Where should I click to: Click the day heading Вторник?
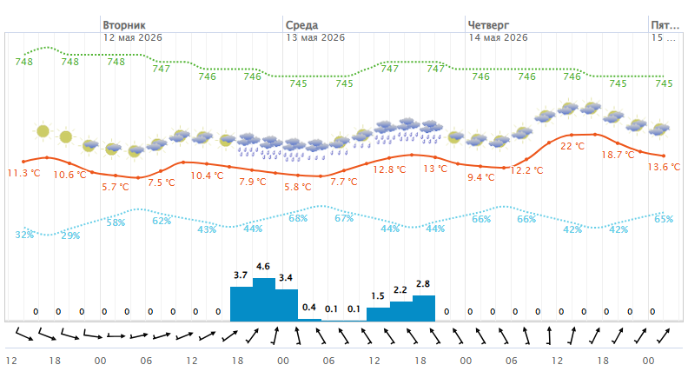[x=124, y=25]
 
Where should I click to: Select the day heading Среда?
[x=302, y=25]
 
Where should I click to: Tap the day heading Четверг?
[x=488, y=25]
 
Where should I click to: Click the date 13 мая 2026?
[x=315, y=37]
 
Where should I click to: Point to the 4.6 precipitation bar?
[x=264, y=300]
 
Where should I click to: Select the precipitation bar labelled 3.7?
[x=241, y=304]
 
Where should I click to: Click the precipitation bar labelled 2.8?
[x=424, y=308]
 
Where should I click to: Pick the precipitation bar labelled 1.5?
[x=378, y=315]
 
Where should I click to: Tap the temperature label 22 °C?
[x=572, y=146]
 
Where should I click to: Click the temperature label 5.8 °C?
[x=297, y=187]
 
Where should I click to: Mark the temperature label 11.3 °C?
[x=23, y=173]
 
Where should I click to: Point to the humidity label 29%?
[x=70, y=235]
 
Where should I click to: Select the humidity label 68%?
[x=298, y=218]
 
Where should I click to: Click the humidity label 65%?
[x=664, y=219]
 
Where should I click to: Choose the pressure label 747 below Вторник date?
[x=161, y=69]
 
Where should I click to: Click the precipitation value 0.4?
[x=309, y=308]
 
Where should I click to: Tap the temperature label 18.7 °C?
[x=618, y=155]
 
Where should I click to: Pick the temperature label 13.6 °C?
[x=664, y=167]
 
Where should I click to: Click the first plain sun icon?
[x=43, y=131]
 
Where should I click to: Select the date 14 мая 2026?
[x=498, y=37]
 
